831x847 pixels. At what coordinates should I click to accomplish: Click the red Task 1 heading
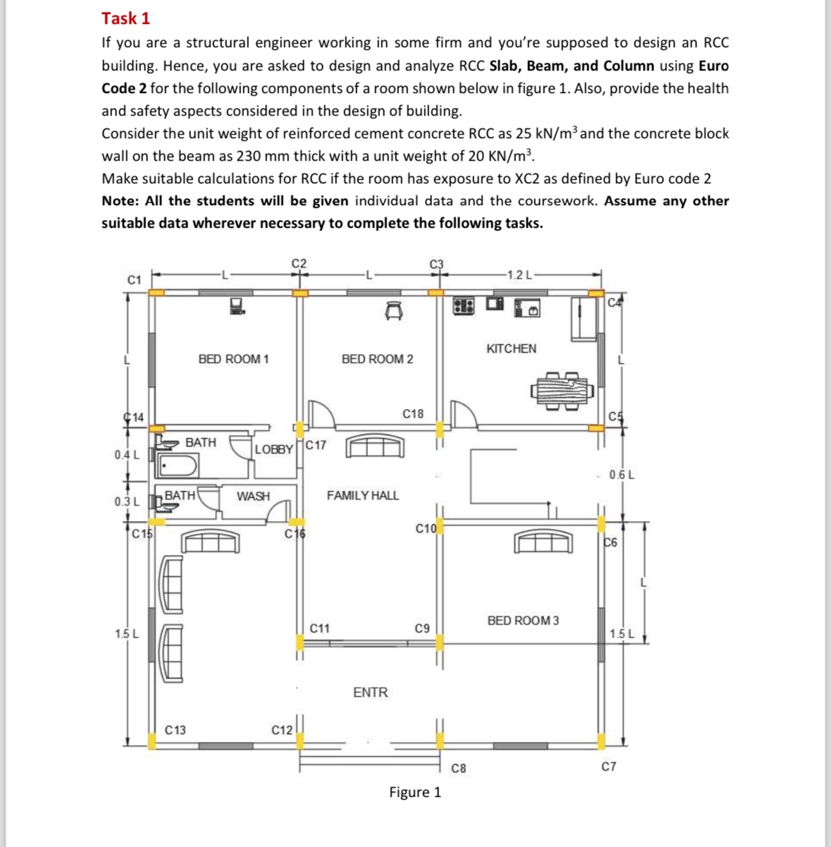tap(125, 18)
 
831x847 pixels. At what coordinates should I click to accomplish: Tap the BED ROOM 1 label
tap(233, 359)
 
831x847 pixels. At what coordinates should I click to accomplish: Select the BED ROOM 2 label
tap(377, 359)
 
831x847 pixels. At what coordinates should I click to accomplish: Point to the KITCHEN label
tap(511, 348)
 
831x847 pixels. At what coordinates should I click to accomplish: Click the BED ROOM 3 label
tap(523, 621)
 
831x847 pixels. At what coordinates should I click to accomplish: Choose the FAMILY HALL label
tap(362, 496)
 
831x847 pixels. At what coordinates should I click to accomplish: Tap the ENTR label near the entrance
tap(370, 693)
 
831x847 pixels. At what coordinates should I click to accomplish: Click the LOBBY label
tap(273, 449)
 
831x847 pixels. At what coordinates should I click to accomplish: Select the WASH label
tap(253, 496)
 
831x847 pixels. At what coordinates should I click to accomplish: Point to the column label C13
tap(176, 730)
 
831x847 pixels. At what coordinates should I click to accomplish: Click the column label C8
tap(458, 768)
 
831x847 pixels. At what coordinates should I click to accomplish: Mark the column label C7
tap(608, 766)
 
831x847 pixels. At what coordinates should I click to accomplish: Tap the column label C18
tap(413, 414)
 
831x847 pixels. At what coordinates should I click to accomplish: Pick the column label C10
tap(426, 528)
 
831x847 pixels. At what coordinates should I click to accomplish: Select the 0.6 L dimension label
tap(621, 475)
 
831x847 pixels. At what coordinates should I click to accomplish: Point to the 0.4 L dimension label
tap(127, 455)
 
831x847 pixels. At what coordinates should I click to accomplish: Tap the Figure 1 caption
tap(415, 792)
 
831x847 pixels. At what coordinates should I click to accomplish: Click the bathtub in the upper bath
tap(179, 466)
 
